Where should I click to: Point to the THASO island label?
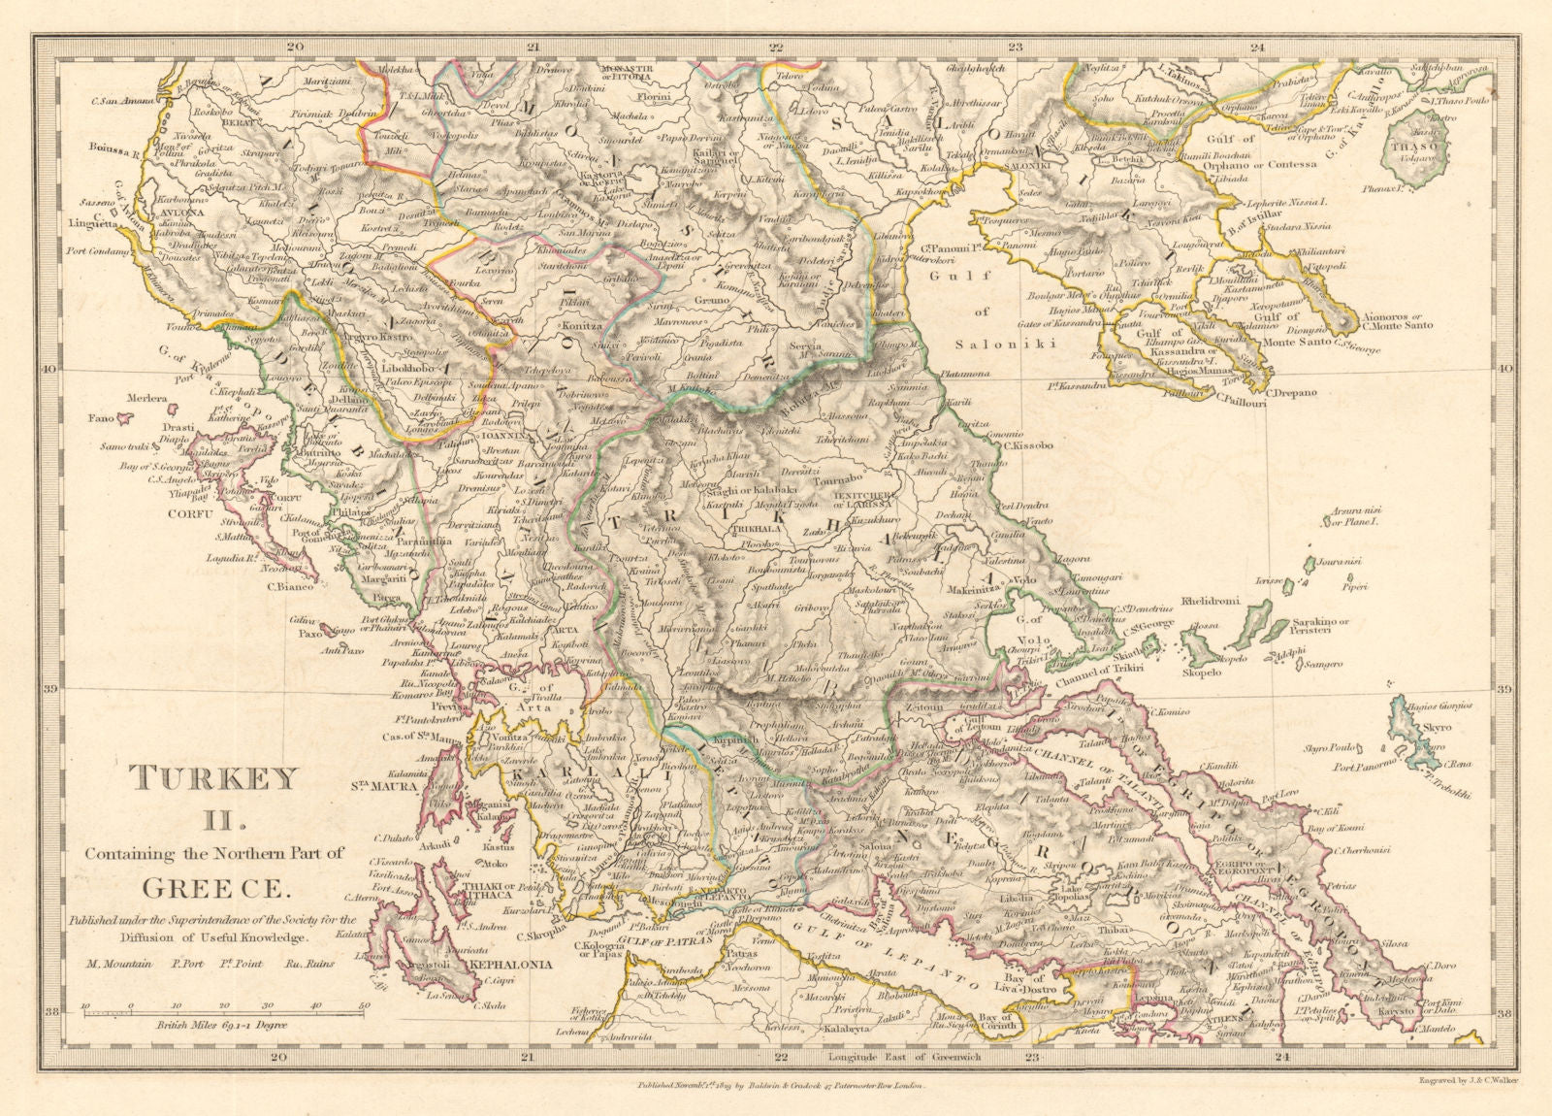1408,147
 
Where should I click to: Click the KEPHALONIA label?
510,966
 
